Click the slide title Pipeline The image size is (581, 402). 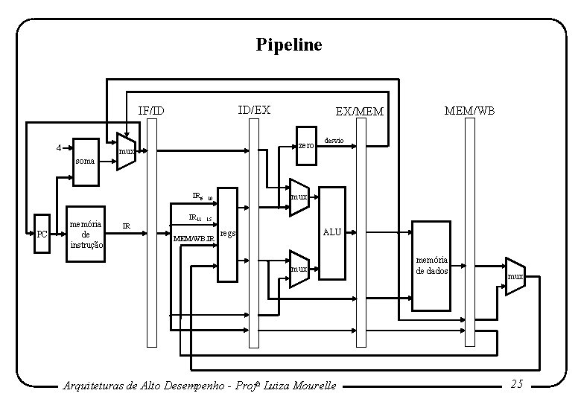pyautogui.click(x=289, y=45)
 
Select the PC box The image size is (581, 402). pyautogui.click(x=42, y=234)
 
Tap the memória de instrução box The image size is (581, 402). pyautogui.click(x=86, y=233)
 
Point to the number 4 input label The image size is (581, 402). pyautogui.click(x=59, y=147)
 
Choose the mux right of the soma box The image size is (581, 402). pyautogui.click(x=126, y=153)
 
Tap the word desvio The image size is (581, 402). pyautogui.click(x=334, y=141)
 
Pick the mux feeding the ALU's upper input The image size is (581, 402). pyautogui.click(x=299, y=197)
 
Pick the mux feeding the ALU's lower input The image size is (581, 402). pyautogui.click(x=299, y=267)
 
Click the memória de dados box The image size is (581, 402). pyautogui.click(x=432, y=265)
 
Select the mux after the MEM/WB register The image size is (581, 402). pyautogui.click(x=515, y=276)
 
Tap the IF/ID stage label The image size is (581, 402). pyautogui.click(x=151, y=112)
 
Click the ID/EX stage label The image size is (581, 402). pyautogui.click(x=254, y=110)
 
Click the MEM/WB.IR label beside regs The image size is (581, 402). pyautogui.click(x=194, y=239)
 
